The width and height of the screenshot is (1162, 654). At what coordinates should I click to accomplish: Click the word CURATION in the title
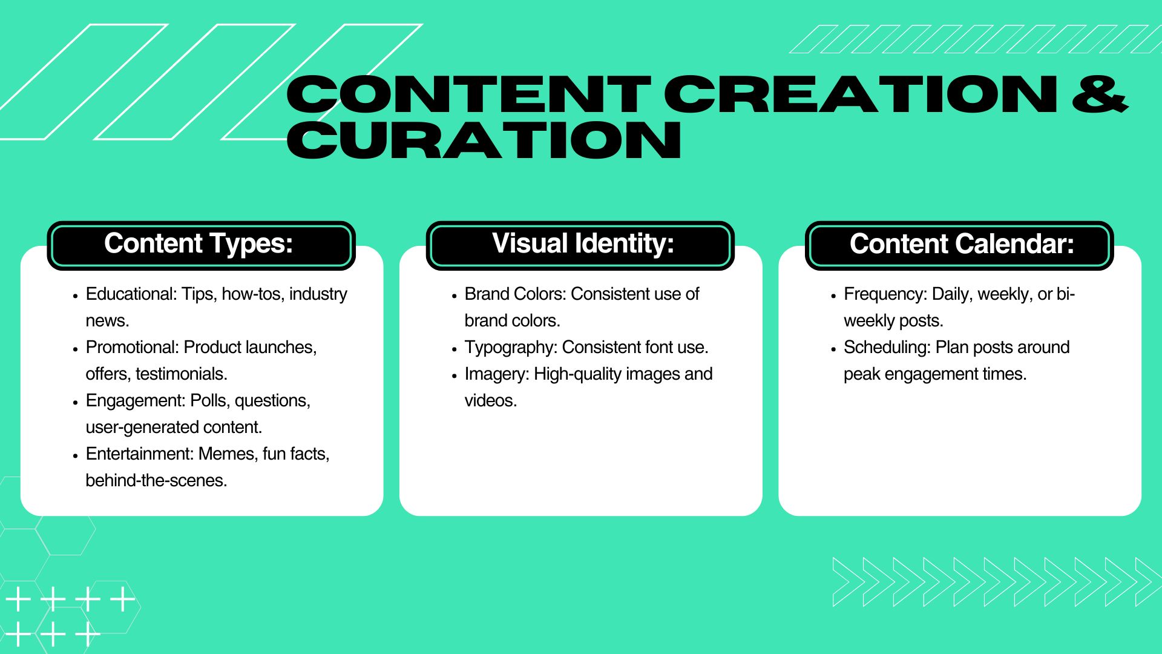[484, 140]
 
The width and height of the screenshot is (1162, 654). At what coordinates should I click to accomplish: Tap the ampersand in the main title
[1100, 94]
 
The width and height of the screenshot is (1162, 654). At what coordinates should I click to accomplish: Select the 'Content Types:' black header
[201, 245]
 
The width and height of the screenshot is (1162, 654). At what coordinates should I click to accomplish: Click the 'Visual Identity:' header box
[580, 245]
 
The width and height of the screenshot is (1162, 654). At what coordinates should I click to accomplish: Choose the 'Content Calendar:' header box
[959, 245]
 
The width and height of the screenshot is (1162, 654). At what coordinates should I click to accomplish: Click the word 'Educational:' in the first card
[131, 294]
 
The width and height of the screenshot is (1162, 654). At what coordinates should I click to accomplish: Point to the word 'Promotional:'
[133, 348]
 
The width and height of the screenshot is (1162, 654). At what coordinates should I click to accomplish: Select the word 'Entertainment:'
[140, 454]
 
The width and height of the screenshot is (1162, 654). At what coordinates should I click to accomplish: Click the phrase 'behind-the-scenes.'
[156, 481]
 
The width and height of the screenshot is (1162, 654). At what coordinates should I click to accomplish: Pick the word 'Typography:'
[511, 348]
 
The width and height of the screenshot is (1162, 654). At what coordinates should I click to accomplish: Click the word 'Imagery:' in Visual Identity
[497, 374]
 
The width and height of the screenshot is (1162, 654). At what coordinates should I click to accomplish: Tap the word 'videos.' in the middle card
[491, 401]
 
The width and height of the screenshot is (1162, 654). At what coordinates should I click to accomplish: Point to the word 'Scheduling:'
[887, 348]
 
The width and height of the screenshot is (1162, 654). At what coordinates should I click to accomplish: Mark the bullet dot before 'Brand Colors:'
[455, 297]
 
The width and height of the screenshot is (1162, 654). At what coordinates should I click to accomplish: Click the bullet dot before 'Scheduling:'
[833, 350]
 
